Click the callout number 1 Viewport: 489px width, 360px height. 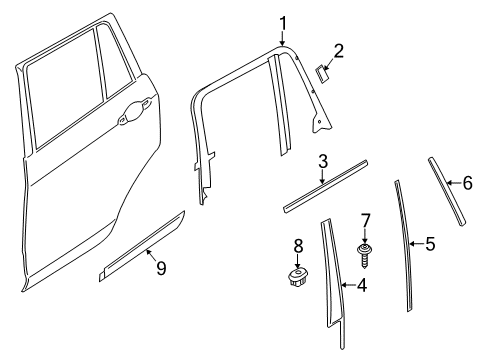(x=283, y=24)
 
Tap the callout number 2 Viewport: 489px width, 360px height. (x=338, y=52)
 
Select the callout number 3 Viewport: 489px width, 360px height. (x=323, y=161)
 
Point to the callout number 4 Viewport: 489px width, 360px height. (x=362, y=285)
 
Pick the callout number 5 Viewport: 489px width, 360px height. (x=430, y=244)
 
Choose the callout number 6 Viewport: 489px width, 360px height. (x=468, y=183)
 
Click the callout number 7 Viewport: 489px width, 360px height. (x=365, y=221)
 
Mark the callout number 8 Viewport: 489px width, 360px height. (x=298, y=247)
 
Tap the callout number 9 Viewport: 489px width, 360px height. (x=161, y=268)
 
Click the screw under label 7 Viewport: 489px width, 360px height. (x=365, y=256)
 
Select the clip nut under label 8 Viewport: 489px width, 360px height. (x=298, y=277)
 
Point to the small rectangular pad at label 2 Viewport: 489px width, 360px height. (x=321, y=74)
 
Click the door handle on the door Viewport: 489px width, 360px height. (x=134, y=111)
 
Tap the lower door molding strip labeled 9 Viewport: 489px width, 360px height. (x=142, y=246)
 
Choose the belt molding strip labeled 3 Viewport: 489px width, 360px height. (x=325, y=186)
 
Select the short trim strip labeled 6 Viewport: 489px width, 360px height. (x=447, y=192)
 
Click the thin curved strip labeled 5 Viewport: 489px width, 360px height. (x=404, y=246)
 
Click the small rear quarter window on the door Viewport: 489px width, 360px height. (x=116, y=63)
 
